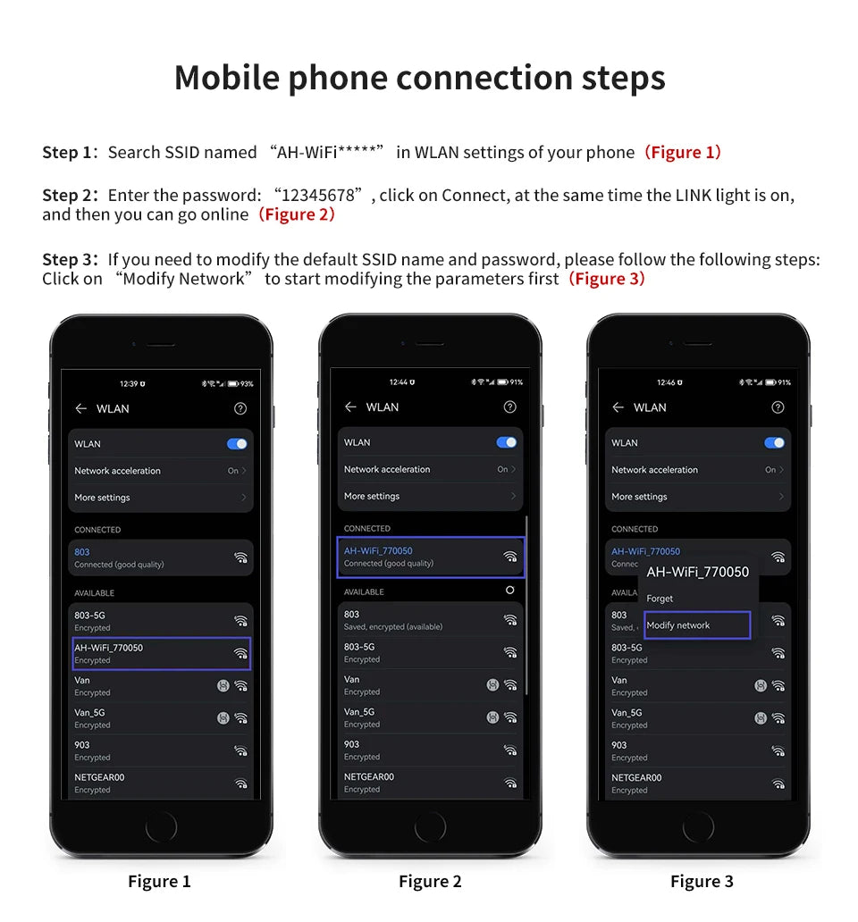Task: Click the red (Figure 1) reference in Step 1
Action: point(682,152)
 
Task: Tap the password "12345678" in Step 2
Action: point(318,195)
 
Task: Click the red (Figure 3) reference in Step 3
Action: point(606,278)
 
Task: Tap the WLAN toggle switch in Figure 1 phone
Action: point(237,444)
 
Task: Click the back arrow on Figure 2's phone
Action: point(350,407)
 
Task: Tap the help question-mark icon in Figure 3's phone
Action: point(778,407)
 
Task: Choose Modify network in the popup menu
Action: point(678,625)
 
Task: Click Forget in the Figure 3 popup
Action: point(660,599)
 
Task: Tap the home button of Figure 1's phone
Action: point(161,826)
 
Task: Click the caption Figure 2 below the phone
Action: point(430,882)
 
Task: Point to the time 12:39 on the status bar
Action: point(129,384)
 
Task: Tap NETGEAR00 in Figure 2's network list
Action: point(369,776)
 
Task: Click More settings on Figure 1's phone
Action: point(102,498)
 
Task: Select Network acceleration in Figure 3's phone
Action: point(654,470)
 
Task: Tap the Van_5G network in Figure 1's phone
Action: point(89,713)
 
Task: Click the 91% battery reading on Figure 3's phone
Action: point(784,382)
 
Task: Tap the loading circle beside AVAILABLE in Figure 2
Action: point(509,590)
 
